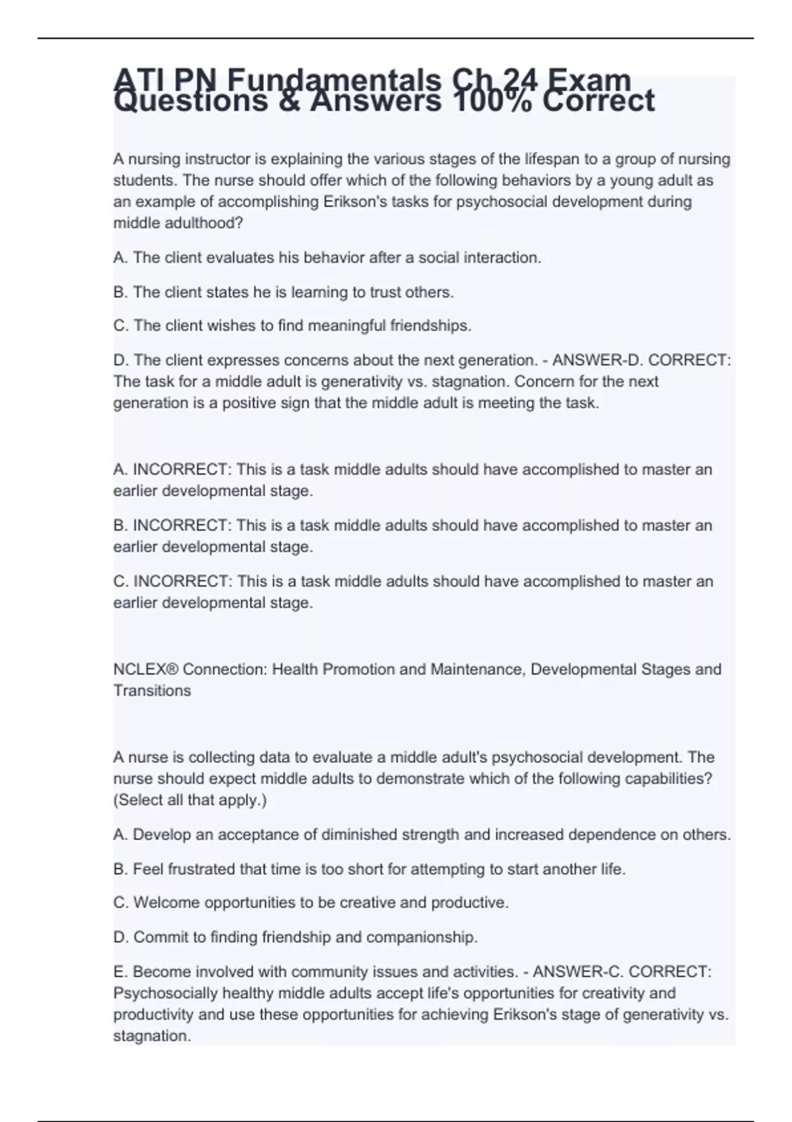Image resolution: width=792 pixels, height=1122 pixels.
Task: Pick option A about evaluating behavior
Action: [327, 257]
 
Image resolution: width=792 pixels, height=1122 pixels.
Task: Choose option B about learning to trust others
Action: [284, 292]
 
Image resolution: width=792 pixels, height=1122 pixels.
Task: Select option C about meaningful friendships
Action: [292, 325]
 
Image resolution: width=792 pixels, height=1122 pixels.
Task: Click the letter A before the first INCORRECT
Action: [119, 470]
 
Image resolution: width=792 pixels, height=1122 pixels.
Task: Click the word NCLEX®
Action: [146, 669]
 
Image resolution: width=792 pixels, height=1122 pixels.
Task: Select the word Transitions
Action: [152, 690]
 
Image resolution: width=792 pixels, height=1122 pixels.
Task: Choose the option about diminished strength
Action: [422, 834]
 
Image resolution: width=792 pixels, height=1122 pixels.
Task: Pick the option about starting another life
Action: [370, 869]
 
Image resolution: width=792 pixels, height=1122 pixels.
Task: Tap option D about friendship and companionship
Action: [296, 937]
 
